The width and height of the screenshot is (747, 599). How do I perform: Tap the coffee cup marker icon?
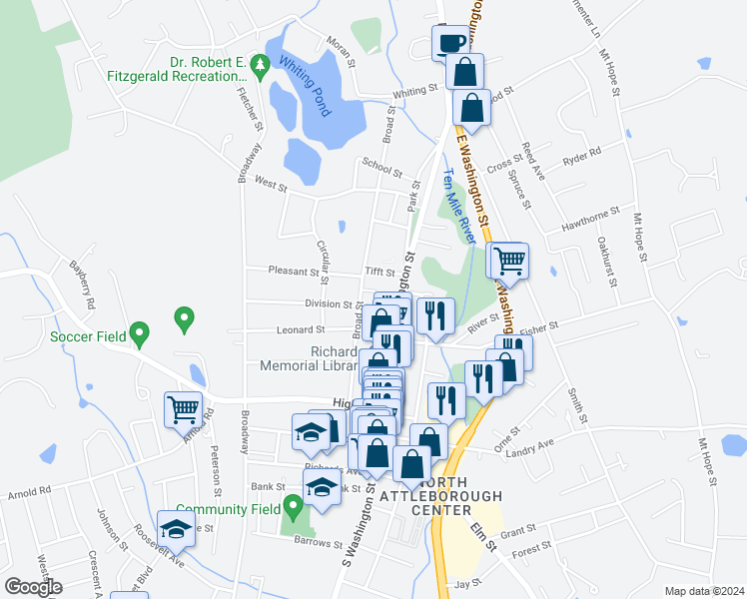click(448, 43)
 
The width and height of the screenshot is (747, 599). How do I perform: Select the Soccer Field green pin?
click(140, 332)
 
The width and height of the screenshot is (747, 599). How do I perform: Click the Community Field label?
click(229, 509)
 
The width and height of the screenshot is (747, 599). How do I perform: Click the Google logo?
click(32, 587)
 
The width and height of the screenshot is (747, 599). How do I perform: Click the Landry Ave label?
click(531, 445)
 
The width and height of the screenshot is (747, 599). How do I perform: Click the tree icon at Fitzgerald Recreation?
click(261, 67)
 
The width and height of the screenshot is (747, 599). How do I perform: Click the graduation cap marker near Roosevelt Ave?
click(177, 529)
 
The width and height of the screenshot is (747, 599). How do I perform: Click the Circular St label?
click(322, 260)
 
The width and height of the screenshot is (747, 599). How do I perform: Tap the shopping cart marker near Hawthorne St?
click(508, 261)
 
